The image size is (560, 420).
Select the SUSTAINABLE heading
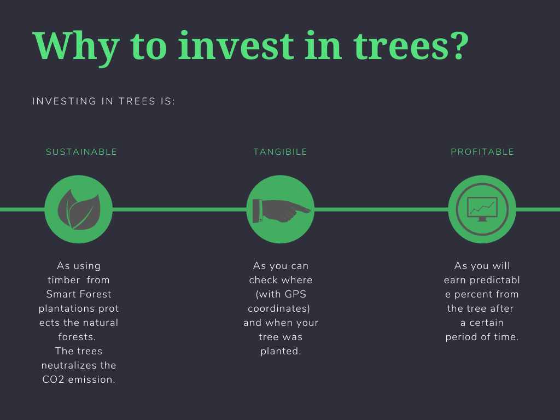[x=81, y=152]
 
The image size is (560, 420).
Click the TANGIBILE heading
[x=281, y=152]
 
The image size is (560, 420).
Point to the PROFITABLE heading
[x=482, y=152]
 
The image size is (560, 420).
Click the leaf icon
[x=79, y=209]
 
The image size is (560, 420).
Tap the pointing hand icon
[x=281, y=209]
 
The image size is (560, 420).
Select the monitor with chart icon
[x=482, y=209]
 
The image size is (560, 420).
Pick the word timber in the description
[x=63, y=280]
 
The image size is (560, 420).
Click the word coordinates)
[x=279, y=308]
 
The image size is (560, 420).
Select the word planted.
[x=281, y=351]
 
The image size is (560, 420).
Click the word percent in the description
[x=469, y=294]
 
